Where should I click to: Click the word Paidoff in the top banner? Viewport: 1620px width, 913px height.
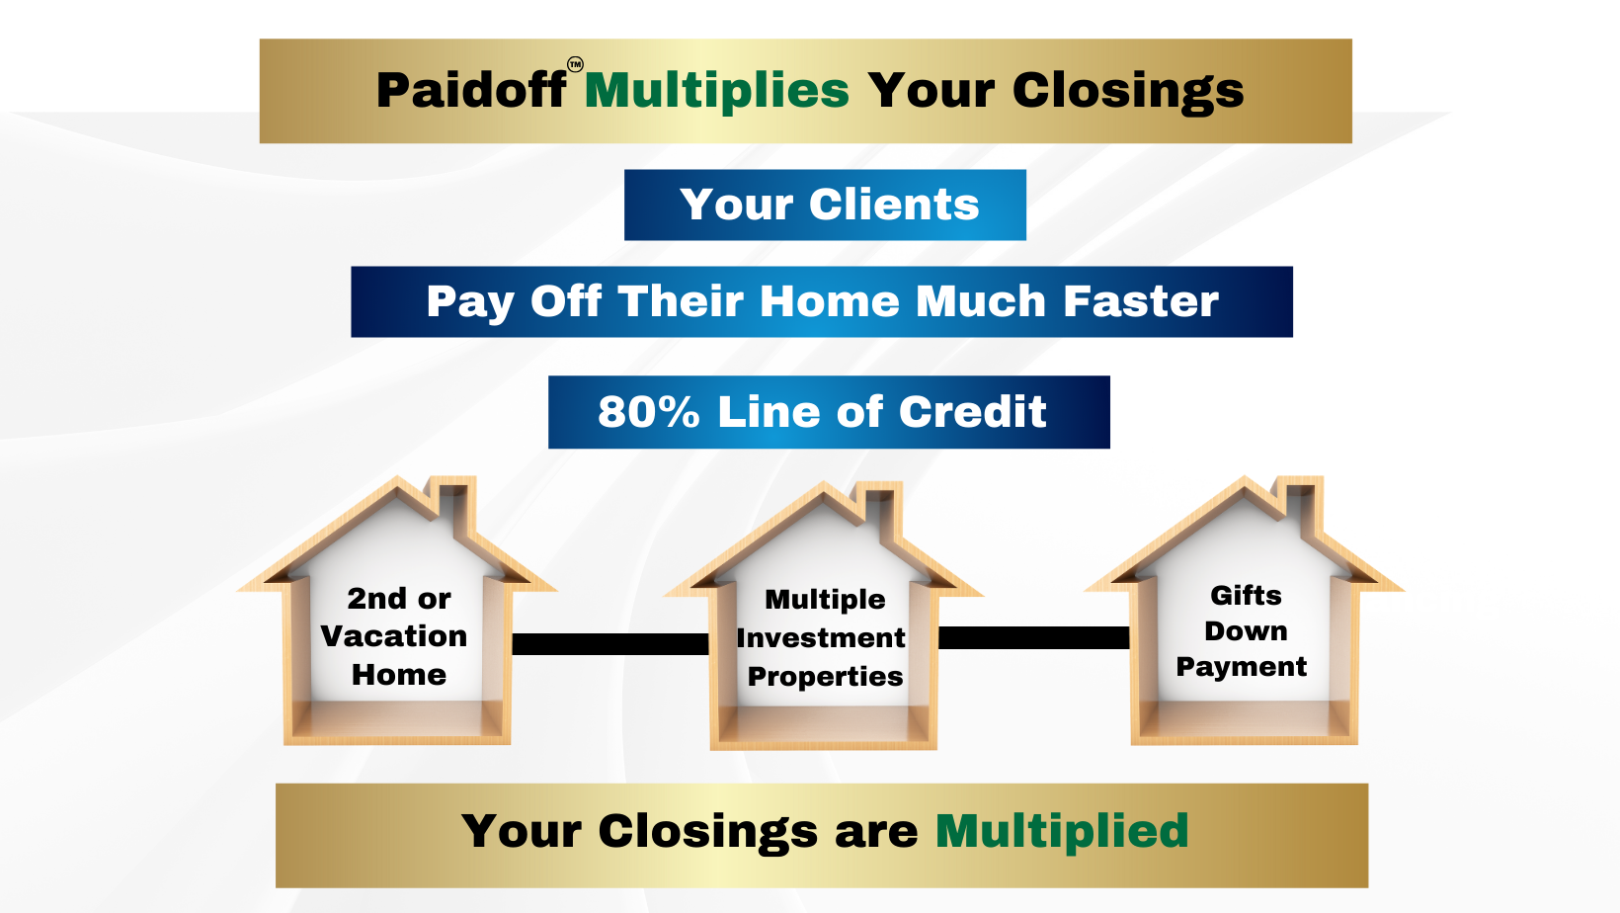pyautogui.click(x=471, y=91)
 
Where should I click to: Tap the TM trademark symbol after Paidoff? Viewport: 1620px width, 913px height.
pyautogui.click(x=575, y=65)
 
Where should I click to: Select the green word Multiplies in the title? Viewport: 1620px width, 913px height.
pyautogui.click(x=717, y=91)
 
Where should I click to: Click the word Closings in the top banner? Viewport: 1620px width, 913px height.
pyautogui.click(x=1128, y=92)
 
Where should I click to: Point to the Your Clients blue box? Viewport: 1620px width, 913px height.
pyautogui.click(x=825, y=205)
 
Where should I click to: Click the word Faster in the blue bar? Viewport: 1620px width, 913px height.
pyautogui.click(x=1141, y=301)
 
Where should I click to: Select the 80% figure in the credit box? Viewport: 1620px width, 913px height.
pyautogui.click(x=649, y=412)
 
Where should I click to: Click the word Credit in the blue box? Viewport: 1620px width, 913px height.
pyautogui.click(x=973, y=412)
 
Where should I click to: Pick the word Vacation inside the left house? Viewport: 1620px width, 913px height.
pyautogui.click(x=394, y=636)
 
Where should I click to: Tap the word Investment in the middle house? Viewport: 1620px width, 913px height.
pyautogui.click(x=821, y=638)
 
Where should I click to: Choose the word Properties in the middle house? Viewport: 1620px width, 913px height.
pyautogui.click(x=825, y=677)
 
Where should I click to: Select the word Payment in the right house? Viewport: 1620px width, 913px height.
pyautogui.click(x=1242, y=667)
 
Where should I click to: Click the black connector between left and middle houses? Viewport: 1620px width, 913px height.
pyautogui.click(x=610, y=644)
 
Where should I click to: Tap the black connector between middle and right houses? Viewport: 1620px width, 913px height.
pyautogui.click(x=1034, y=637)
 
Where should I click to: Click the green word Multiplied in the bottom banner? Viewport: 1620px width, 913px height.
pyautogui.click(x=1062, y=831)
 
